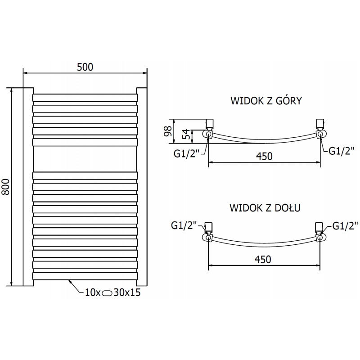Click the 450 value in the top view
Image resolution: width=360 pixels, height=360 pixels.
264,156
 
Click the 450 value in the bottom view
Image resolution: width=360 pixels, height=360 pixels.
264,259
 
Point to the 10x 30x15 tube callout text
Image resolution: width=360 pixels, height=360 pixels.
112,293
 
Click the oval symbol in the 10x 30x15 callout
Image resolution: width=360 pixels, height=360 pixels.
108,293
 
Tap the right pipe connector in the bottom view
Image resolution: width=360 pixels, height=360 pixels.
320,236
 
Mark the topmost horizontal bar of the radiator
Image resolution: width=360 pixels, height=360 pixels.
85,97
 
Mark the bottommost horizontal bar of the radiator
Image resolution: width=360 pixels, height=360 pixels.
85,275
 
